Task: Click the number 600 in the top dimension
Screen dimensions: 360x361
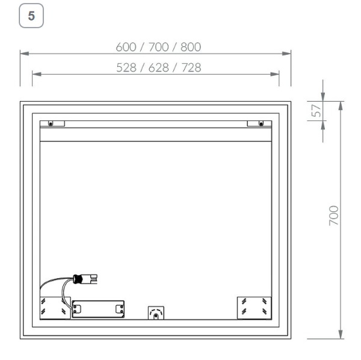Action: coord(128,47)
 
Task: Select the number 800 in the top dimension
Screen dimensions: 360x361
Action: coord(188,47)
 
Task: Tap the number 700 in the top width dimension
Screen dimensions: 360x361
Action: coord(158,47)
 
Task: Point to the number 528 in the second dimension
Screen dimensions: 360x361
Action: coord(128,67)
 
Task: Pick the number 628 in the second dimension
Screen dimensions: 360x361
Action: coord(158,67)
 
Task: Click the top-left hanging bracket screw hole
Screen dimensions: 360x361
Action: coord(51,124)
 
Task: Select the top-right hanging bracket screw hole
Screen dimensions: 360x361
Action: coord(260,124)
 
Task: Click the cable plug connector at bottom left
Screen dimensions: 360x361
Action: coord(85,279)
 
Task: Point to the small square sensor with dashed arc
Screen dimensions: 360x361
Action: coord(155,313)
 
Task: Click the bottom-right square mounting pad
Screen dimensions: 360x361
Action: coord(255,306)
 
